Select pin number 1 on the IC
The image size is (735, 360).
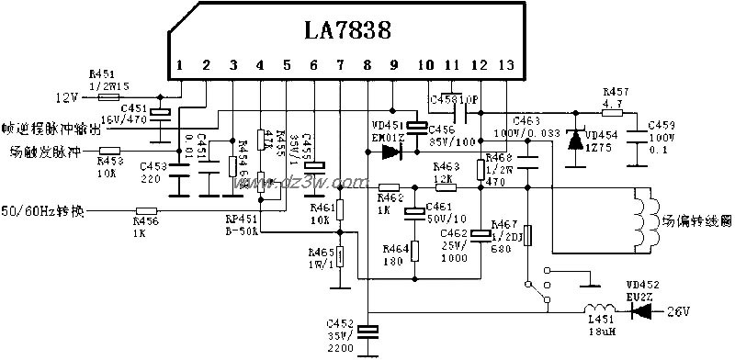(180, 65)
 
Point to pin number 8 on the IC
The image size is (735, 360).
(367, 65)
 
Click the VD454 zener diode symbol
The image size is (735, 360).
(576, 141)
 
